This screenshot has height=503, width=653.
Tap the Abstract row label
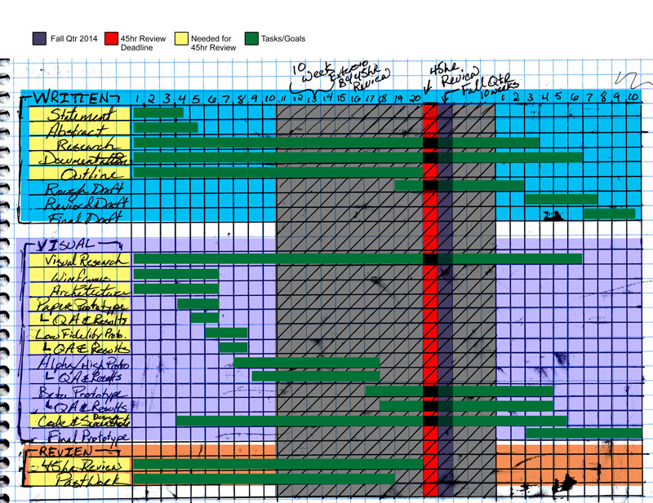coord(80,128)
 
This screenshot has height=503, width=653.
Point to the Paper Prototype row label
coord(80,304)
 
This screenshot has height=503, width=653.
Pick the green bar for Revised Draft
coord(561,199)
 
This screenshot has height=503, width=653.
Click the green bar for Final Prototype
coord(584,433)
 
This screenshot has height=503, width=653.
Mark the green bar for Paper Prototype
coord(198,304)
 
